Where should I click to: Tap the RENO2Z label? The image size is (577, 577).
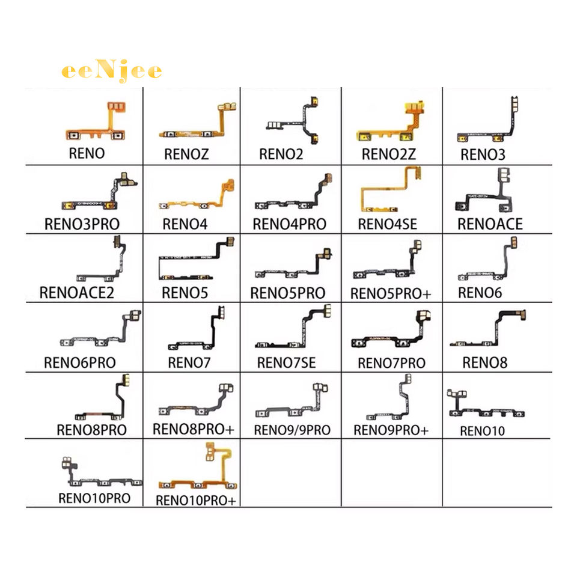click(x=389, y=154)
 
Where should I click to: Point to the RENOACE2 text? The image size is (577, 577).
click(x=76, y=293)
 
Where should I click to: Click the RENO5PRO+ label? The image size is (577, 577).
click(x=391, y=294)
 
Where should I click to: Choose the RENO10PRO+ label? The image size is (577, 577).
click(x=195, y=501)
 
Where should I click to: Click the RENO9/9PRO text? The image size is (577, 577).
click(x=292, y=430)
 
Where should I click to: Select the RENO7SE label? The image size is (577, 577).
click(x=286, y=363)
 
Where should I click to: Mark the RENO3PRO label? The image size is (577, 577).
click(x=82, y=224)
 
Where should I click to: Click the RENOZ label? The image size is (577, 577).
click(x=186, y=154)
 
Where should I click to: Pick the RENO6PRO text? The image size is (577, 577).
click(x=80, y=363)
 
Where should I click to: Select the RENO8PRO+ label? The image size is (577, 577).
click(x=193, y=429)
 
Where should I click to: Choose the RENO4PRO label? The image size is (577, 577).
click(x=289, y=224)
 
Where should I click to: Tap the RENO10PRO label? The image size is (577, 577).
click(x=94, y=498)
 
